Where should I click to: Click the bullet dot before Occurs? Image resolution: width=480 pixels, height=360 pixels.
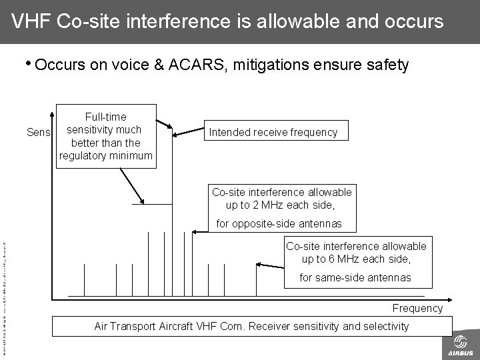point(29,64)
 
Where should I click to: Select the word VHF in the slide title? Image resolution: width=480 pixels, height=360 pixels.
point(32,21)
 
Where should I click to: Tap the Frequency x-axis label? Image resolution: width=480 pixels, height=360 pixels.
point(417,308)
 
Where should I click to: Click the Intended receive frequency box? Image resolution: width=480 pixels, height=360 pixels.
point(273,132)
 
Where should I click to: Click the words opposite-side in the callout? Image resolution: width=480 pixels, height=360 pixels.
point(260,223)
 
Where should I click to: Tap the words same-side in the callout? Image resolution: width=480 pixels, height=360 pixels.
point(339,277)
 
